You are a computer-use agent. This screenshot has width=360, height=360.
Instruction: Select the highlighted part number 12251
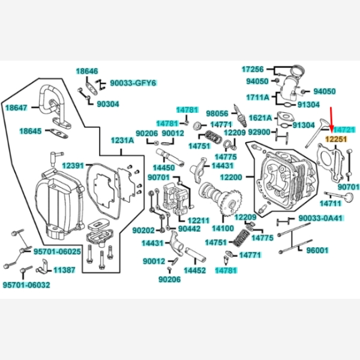(x=336, y=139)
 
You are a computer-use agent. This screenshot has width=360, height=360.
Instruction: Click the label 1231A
(x=122, y=140)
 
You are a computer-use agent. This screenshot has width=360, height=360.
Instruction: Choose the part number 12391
(x=73, y=165)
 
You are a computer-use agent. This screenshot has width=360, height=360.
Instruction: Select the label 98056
(x=217, y=113)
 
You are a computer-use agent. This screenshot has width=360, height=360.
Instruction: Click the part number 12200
(x=232, y=178)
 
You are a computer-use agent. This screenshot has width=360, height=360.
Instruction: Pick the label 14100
(x=223, y=229)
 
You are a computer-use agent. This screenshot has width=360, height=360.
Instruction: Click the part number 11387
(x=64, y=271)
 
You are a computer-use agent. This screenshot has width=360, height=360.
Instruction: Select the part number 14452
(x=194, y=271)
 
